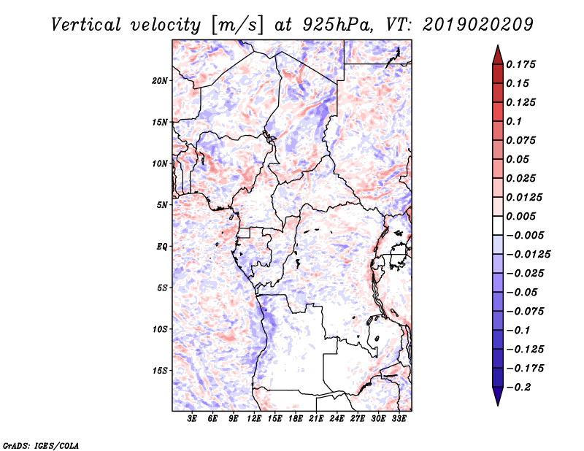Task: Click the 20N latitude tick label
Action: click(x=160, y=80)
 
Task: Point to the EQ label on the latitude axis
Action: click(x=161, y=246)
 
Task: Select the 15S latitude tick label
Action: click(x=160, y=370)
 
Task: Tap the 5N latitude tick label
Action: click(x=161, y=205)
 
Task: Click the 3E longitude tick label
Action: click(x=192, y=420)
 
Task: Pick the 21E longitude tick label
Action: click(x=316, y=420)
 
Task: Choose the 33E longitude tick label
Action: click(x=399, y=420)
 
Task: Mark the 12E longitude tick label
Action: click(x=254, y=420)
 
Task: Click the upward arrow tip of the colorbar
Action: click(x=497, y=47)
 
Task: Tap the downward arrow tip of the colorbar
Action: click(x=497, y=404)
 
